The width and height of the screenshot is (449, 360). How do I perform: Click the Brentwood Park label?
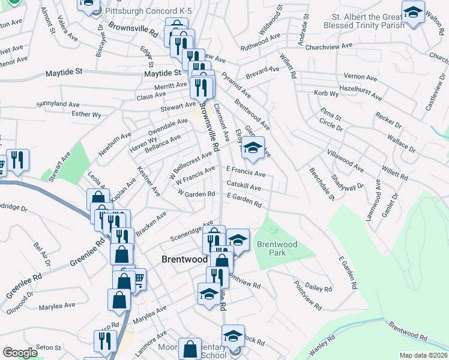click(x=277, y=248)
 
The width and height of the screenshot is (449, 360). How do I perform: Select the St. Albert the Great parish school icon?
click(x=413, y=13)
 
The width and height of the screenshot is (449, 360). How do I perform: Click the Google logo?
click(x=20, y=353)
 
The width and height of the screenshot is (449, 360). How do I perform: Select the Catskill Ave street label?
click(x=243, y=187)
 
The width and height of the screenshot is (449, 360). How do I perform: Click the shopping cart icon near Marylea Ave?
click(x=137, y=278)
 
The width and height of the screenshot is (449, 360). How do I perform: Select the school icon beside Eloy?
click(x=253, y=148)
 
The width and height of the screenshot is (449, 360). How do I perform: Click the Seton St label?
click(x=49, y=347)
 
